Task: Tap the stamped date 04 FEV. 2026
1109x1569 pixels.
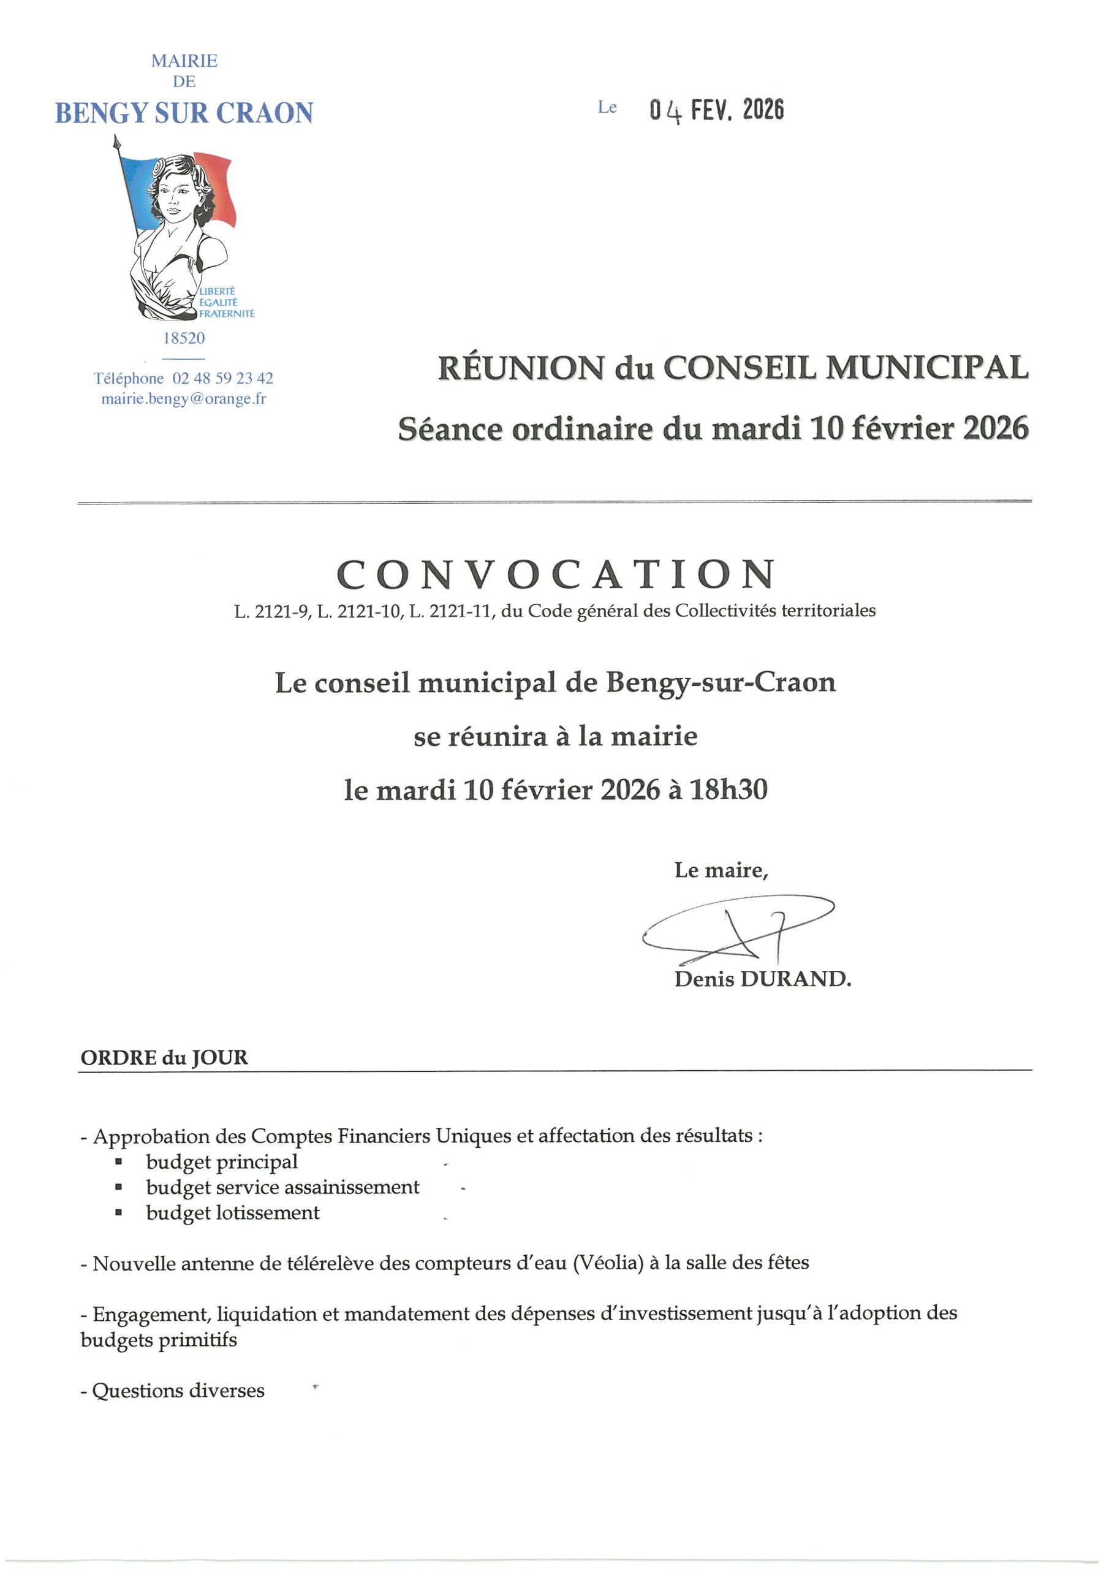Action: point(716,109)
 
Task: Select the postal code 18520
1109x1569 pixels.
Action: point(184,338)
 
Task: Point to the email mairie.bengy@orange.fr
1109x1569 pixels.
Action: point(184,398)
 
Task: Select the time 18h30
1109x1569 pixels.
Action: point(729,790)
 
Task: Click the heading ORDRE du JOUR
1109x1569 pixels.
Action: point(164,1058)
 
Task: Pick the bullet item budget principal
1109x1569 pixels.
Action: point(221,1161)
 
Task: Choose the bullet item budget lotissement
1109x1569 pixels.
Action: point(232,1212)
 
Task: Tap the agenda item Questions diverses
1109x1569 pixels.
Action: point(178,1391)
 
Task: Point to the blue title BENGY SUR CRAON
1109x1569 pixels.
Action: point(184,113)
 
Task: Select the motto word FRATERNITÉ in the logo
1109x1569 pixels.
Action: point(226,314)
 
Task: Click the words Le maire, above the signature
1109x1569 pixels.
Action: point(721,870)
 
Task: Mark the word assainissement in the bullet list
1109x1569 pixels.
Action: point(351,1187)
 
